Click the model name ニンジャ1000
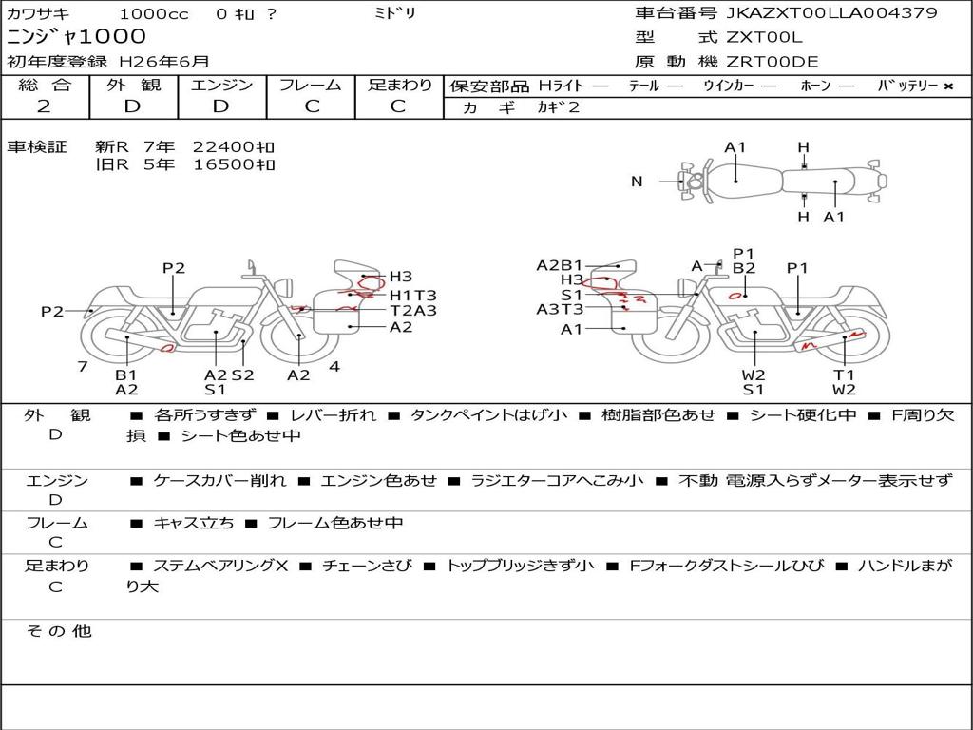pos(77,37)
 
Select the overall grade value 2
pos(44,106)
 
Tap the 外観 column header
pos(133,85)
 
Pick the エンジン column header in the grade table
pos(221,85)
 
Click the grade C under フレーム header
pos(312,106)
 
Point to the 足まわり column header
pos(400,85)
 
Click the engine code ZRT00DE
pos(773,62)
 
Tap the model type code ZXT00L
pos(764,37)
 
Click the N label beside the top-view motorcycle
pos(637,181)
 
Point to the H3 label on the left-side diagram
pos(401,277)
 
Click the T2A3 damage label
pos(413,310)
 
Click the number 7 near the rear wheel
pos(83,366)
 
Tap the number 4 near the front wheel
pos(334,366)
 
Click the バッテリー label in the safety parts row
pos(907,86)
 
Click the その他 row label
pos(58,631)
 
